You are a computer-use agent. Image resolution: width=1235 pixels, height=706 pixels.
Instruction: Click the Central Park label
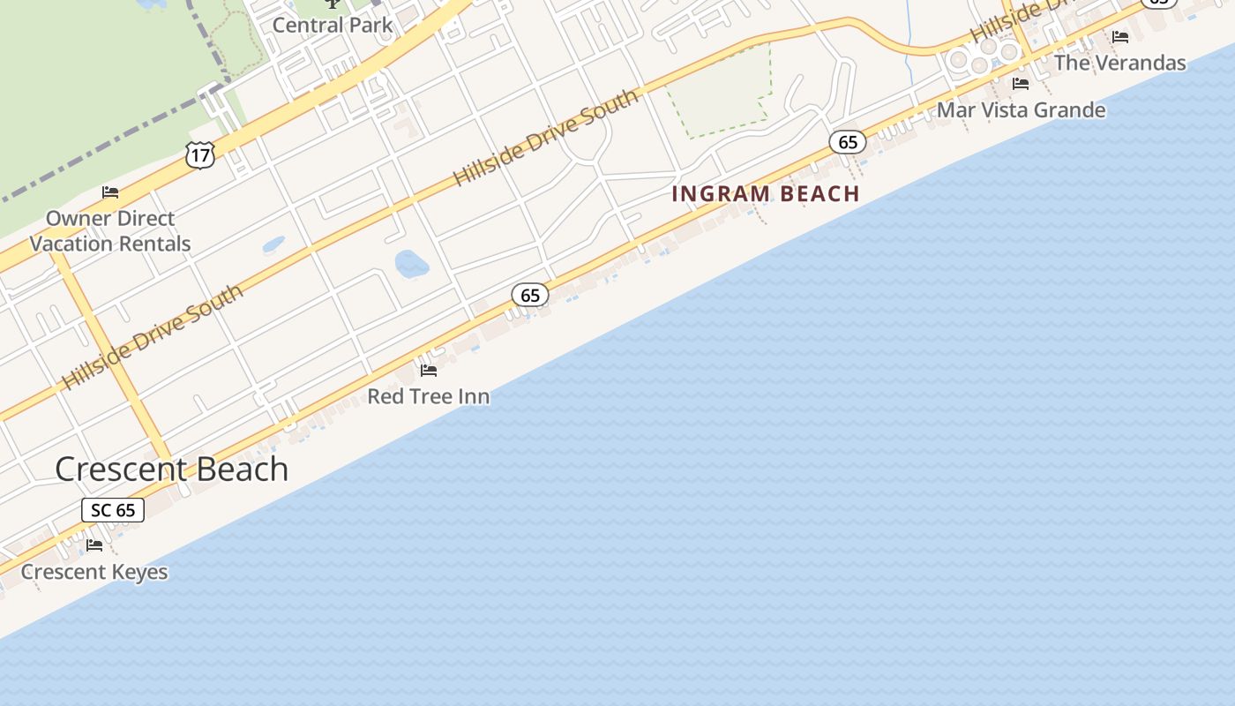click(x=333, y=25)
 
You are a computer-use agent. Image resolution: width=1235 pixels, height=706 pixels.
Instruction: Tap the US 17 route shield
click(x=200, y=155)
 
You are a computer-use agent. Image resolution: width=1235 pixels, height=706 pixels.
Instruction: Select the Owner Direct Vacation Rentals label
click(x=110, y=231)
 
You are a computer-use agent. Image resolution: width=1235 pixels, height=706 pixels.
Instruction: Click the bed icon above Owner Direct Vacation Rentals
click(x=110, y=192)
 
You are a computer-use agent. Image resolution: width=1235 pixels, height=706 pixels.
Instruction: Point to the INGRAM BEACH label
click(x=766, y=194)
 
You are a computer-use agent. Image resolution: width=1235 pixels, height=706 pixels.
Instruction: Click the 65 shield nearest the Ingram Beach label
click(x=848, y=142)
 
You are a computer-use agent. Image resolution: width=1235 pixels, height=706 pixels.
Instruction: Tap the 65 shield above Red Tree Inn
click(x=530, y=295)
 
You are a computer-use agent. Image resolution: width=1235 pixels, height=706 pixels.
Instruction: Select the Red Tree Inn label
click(x=428, y=396)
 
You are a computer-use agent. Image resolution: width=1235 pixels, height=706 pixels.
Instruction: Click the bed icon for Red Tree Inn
click(x=429, y=370)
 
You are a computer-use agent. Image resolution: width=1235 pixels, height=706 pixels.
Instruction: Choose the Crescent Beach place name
click(x=172, y=469)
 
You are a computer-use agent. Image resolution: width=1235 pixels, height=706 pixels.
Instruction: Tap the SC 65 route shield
click(x=113, y=510)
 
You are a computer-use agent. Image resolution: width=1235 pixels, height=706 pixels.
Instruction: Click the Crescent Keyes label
click(x=94, y=572)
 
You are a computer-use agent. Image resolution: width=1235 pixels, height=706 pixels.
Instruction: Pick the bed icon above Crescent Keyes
click(x=94, y=545)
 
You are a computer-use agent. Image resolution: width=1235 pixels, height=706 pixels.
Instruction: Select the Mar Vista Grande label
click(x=1021, y=110)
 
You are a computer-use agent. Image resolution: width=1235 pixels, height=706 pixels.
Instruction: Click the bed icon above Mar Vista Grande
click(x=1021, y=84)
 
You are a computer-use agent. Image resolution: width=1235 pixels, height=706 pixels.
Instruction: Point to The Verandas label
click(x=1120, y=63)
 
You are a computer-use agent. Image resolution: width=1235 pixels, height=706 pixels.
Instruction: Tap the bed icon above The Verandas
click(x=1120, y=37)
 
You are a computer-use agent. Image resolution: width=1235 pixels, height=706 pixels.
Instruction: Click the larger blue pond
click(x=411, y=263)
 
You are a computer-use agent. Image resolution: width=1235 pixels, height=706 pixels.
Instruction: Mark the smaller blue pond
click(x=273, y=244)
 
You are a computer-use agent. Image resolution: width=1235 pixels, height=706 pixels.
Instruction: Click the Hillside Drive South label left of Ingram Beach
click(x=546, y=137)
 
